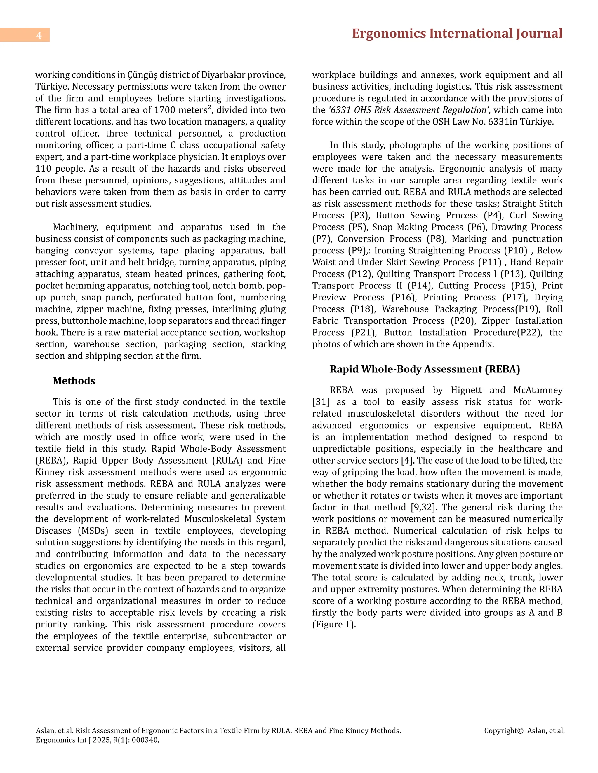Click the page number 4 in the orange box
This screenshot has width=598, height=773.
[x=39, y=35]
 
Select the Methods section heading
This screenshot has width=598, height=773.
[x=74, y=381]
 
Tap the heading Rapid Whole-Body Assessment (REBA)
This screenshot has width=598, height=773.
[x=425, y=369]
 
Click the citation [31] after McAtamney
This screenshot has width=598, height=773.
[x=319, y=402]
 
